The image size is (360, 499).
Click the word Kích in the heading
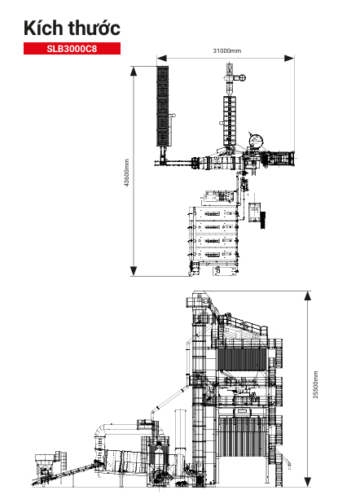43,28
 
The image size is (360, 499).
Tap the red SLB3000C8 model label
72,48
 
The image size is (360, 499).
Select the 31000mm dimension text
227,50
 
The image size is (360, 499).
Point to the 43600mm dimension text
126,173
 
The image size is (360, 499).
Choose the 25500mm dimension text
315,384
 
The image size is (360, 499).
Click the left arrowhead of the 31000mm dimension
162,59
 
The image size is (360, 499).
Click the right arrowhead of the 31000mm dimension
289,59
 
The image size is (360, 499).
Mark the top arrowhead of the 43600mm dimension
134,72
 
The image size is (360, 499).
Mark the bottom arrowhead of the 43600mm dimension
134,271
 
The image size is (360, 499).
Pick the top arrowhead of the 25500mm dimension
308,296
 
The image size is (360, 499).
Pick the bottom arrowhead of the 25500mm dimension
308,481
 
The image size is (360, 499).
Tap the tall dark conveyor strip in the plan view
162,106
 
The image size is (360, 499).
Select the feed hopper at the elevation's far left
46,461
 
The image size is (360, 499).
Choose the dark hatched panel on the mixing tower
242,360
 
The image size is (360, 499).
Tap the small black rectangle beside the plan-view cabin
263,221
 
